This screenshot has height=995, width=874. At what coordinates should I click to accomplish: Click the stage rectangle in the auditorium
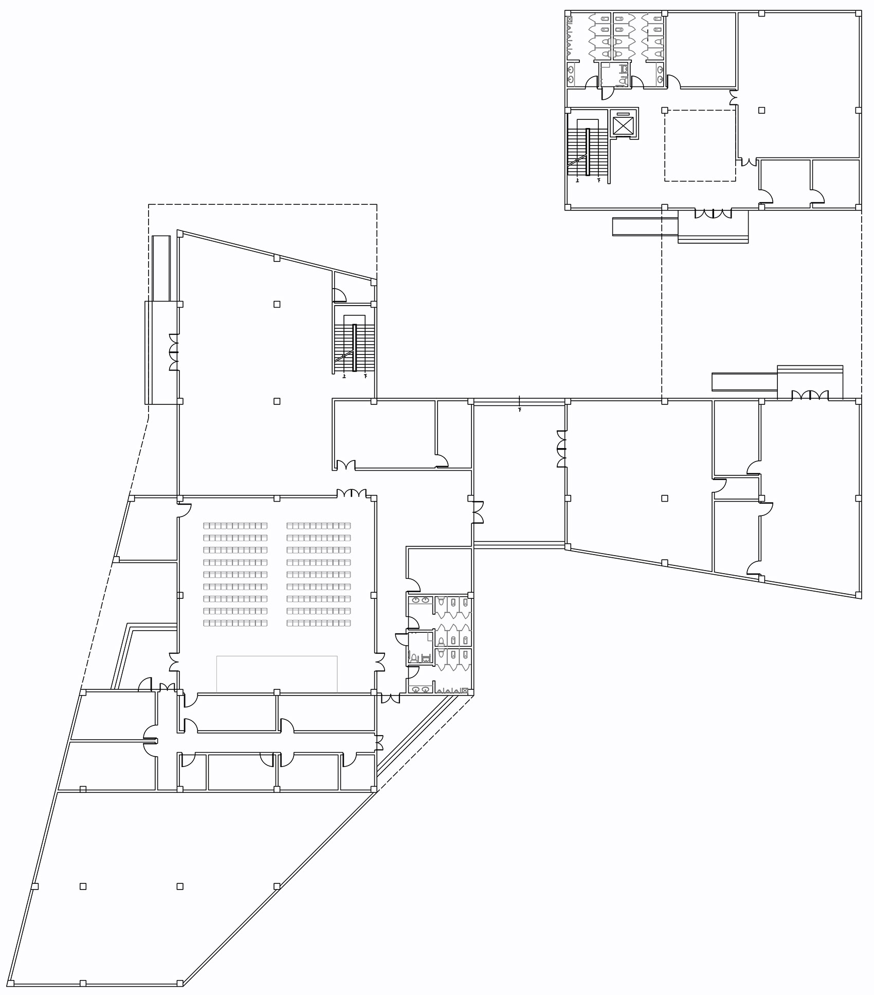277,673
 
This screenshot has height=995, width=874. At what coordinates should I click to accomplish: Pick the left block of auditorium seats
235,574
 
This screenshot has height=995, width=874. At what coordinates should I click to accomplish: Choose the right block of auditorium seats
319,574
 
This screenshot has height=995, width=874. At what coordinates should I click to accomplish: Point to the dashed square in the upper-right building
700,145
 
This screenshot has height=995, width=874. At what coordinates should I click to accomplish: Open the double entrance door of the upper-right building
713,212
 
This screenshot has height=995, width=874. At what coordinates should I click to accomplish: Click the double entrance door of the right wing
810,395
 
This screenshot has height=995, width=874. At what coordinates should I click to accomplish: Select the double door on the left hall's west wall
174,352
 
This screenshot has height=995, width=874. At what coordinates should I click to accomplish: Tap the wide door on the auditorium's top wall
352,493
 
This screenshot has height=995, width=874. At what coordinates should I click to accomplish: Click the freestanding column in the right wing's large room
665,498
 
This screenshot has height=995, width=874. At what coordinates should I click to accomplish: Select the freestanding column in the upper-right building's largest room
761,110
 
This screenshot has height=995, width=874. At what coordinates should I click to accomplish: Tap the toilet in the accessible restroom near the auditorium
413,657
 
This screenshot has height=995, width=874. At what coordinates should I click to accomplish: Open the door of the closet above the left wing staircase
339,295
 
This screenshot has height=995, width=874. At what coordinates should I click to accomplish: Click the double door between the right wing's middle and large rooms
562,450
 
